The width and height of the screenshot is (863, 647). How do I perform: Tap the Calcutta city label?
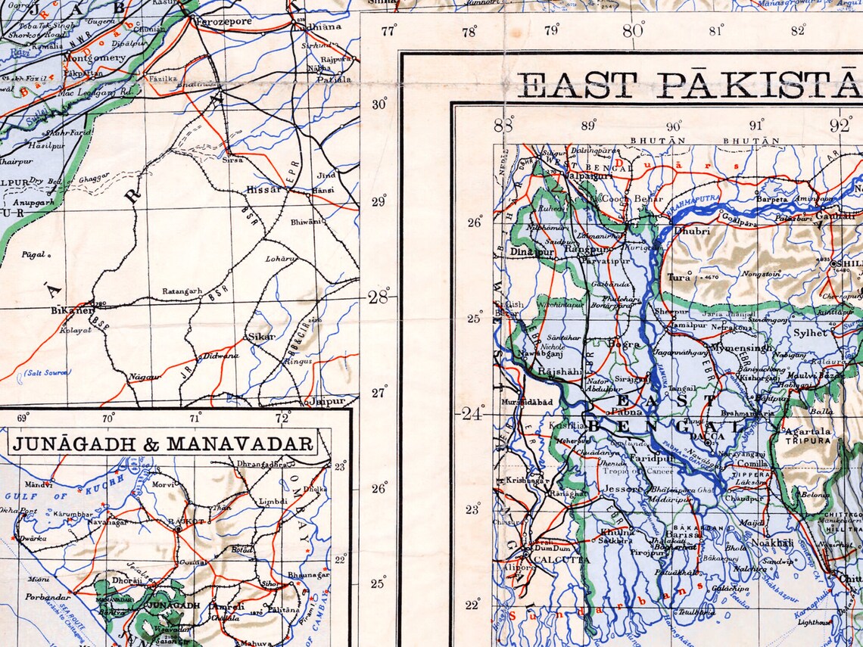[x=561, y=560]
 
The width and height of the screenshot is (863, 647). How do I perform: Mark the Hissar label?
[x=264, y=190]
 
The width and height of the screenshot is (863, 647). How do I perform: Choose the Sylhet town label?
[x=811, y=332]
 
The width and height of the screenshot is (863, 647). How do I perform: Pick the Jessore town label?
[x=623, y=489]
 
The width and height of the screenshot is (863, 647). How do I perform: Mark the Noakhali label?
[x=772, y=543]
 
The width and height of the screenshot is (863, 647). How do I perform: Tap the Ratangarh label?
[x=182, y=291]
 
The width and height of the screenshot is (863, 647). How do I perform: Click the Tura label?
[x=679, y=277]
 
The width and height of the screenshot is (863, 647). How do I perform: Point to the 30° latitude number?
[x=379, y=104]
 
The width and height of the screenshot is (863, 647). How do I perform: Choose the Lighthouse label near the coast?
[x=813, y=622]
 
